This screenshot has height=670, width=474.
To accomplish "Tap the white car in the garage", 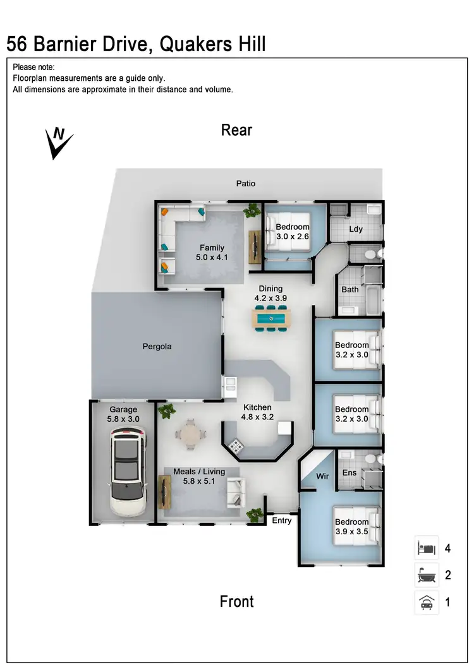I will point(127,471).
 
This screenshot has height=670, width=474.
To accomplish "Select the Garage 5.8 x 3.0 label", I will point(123,414).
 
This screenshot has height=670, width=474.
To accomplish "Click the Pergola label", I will point(156,347).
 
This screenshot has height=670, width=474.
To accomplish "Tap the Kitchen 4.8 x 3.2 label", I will point(257,412).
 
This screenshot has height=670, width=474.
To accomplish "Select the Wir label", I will point(322,475).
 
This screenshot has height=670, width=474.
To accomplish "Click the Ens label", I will point(349,472).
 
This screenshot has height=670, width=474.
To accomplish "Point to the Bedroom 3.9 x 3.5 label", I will point(351,527).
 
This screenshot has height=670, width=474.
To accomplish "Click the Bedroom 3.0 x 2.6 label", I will point(292,232).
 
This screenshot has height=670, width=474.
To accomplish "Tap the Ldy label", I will point(356,229).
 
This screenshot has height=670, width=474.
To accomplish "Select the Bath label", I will point(350,289).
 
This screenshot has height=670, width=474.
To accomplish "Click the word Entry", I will point(282,521).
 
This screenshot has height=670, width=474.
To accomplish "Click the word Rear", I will point(236,130).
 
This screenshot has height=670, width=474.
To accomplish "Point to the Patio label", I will point(246,183).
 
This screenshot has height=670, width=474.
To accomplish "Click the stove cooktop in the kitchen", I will point(237,446).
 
